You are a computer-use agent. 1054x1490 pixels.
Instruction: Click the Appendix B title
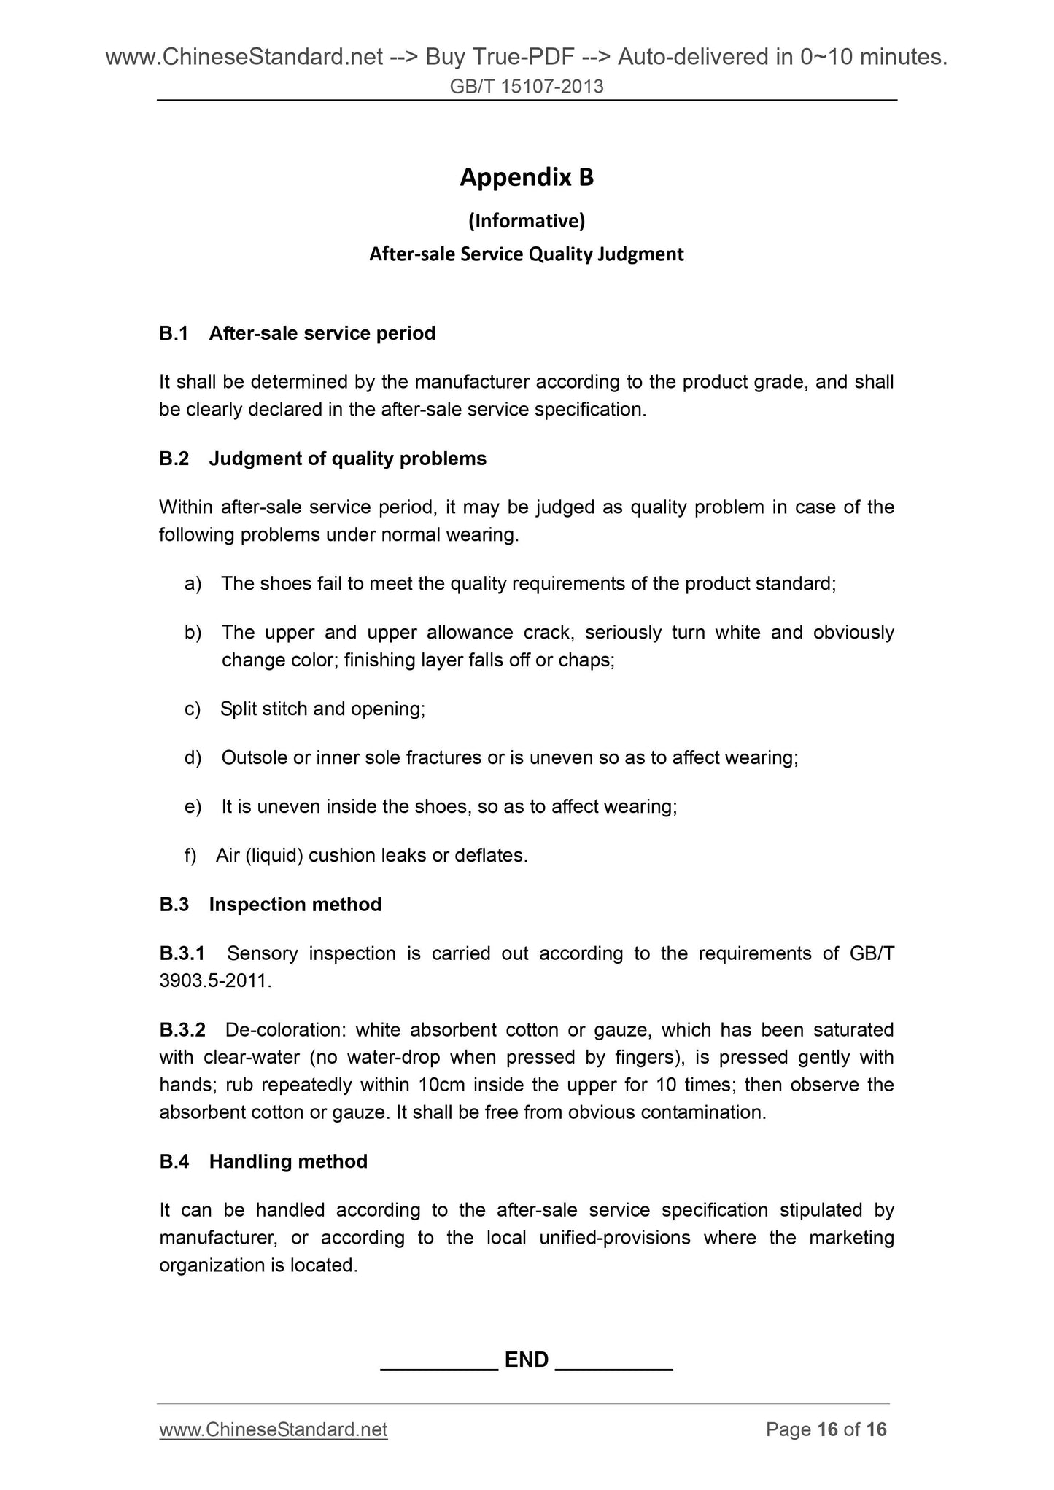(527, 177)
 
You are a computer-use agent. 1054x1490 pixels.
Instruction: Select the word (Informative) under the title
(527, 219)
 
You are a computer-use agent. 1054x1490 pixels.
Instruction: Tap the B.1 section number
(174, 333)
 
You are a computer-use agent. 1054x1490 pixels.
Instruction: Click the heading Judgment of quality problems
(347, 459)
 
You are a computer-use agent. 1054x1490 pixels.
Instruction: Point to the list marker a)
(193, 584)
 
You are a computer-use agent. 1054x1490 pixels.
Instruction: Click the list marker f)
(191, 855)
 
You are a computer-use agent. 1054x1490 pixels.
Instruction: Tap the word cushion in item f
(340, 855)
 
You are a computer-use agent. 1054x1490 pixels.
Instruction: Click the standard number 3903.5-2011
(214, 981)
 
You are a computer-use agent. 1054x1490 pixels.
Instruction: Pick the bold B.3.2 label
(182, 1030)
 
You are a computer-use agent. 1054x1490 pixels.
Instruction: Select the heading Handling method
(288, 1161)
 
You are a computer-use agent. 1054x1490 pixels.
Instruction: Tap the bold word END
(527, 1360)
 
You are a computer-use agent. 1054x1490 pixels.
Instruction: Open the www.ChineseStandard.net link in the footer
(274, 1429)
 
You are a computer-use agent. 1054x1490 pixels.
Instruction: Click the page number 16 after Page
(827, 1429)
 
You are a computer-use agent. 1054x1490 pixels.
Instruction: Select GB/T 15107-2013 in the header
(527, 87)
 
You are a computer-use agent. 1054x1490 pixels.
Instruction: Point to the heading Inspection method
(295, 905)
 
